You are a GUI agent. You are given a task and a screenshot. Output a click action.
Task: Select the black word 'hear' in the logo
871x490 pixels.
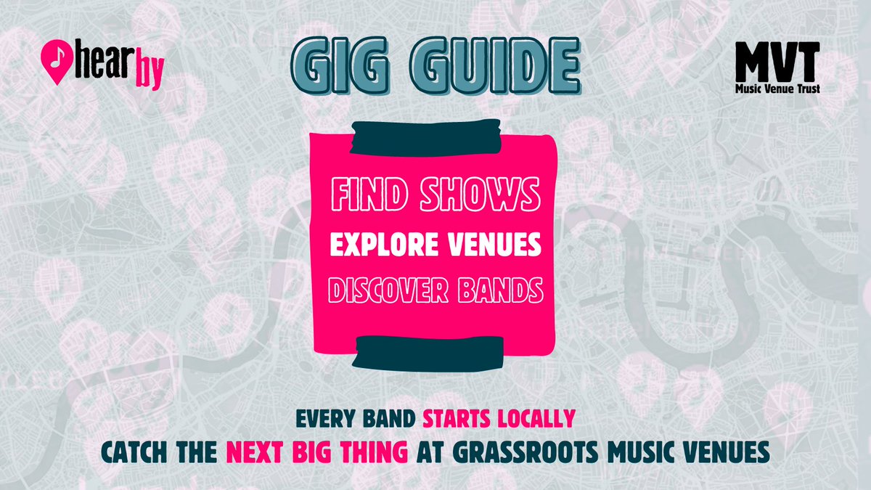pyautogui.click(x=99, y=65)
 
